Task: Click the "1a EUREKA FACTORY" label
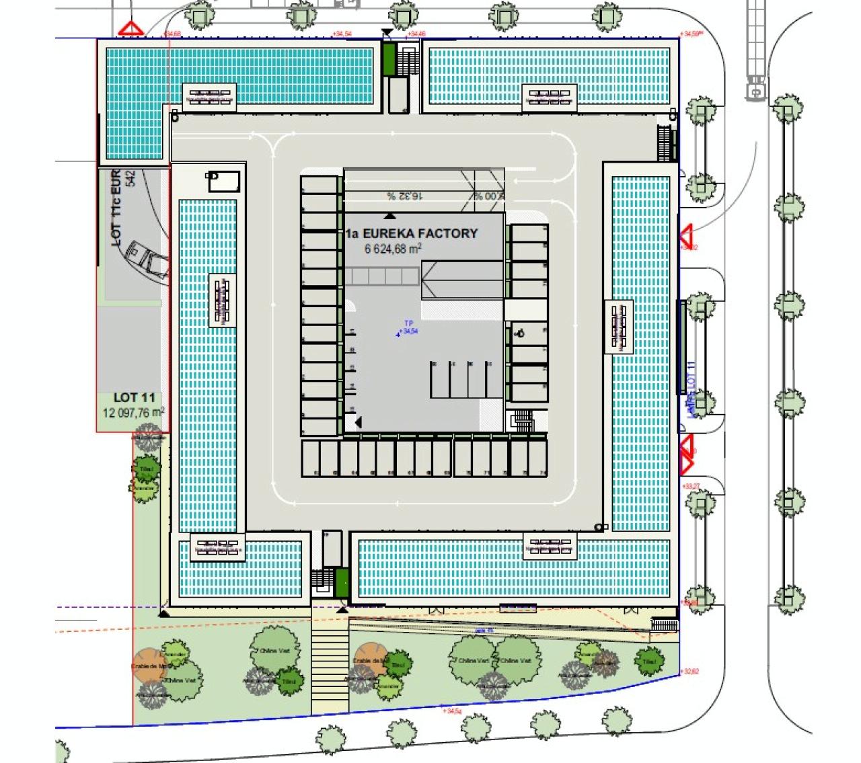(412, 234)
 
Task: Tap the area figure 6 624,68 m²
(393, 249)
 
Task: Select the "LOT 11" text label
(135, 398)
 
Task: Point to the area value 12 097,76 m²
(133, 413)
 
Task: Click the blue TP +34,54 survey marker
(406, 328)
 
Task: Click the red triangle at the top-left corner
(130, 29)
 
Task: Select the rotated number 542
(130, 178)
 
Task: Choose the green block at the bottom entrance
(342, 582)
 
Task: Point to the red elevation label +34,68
(172, 33)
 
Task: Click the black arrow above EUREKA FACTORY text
(389, 216)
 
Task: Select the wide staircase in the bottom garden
(329, 665)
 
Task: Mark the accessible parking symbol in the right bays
(520, 332)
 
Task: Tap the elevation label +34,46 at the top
(417, 34)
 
